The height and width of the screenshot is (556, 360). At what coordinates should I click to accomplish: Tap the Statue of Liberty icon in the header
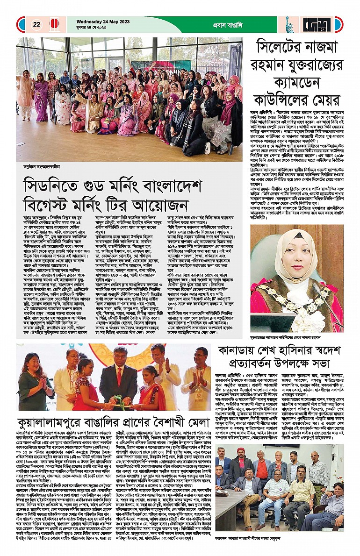290,24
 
